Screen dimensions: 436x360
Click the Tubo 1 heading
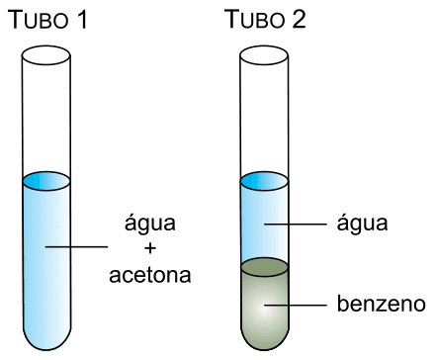pos(48,20)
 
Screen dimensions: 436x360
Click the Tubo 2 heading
pos(265,19)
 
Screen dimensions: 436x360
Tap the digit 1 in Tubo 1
pos(82,20)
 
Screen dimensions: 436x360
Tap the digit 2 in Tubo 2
pos(299,19)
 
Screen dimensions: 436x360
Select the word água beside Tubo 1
pos(150,224)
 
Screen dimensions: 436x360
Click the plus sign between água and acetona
pos(150,248)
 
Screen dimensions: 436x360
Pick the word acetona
pos(150,275)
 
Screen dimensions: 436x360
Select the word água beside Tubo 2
pos(362,224)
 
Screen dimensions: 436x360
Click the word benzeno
pos(382,304)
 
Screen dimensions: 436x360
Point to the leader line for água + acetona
pos(76,246)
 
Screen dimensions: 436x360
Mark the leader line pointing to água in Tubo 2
pos(296,225)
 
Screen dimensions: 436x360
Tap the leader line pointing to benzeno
pos(296,306)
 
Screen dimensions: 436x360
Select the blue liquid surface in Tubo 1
pos(46,181)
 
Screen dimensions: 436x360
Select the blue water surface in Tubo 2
pos(264,181)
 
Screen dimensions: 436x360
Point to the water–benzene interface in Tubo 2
pos(264,267)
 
